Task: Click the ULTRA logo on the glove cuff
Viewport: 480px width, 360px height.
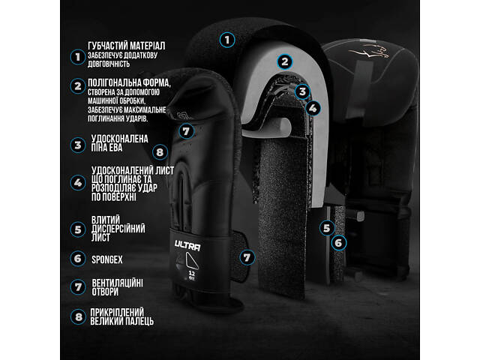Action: [187, 245]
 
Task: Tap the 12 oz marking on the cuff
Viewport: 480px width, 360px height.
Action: [192, 275]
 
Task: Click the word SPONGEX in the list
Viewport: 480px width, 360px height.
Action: [106, 260]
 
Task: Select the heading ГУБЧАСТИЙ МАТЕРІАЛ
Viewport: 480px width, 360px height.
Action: [127, 46]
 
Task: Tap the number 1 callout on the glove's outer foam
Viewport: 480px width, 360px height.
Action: [227, 40]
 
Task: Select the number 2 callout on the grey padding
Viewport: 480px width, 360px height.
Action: [285, 61]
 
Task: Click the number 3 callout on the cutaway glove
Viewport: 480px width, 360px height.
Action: [302, 91]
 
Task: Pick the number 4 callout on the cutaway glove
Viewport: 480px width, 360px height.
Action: [313, 108]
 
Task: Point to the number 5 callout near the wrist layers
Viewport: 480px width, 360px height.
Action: [327, 228]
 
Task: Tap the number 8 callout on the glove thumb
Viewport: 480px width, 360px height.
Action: [160, 152]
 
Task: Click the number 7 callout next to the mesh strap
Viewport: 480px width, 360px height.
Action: [247, 257]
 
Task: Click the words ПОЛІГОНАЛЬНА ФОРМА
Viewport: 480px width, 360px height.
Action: [129, 82]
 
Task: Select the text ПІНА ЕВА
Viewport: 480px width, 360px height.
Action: [106, 148]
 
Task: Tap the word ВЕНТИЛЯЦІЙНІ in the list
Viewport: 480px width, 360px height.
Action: [117, 283]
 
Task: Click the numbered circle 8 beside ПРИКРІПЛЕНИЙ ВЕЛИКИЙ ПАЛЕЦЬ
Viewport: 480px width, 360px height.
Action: [78, 317]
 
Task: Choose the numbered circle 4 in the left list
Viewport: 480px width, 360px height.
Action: [78, 183]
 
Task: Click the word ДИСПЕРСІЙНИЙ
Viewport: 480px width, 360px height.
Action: [118, 229]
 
